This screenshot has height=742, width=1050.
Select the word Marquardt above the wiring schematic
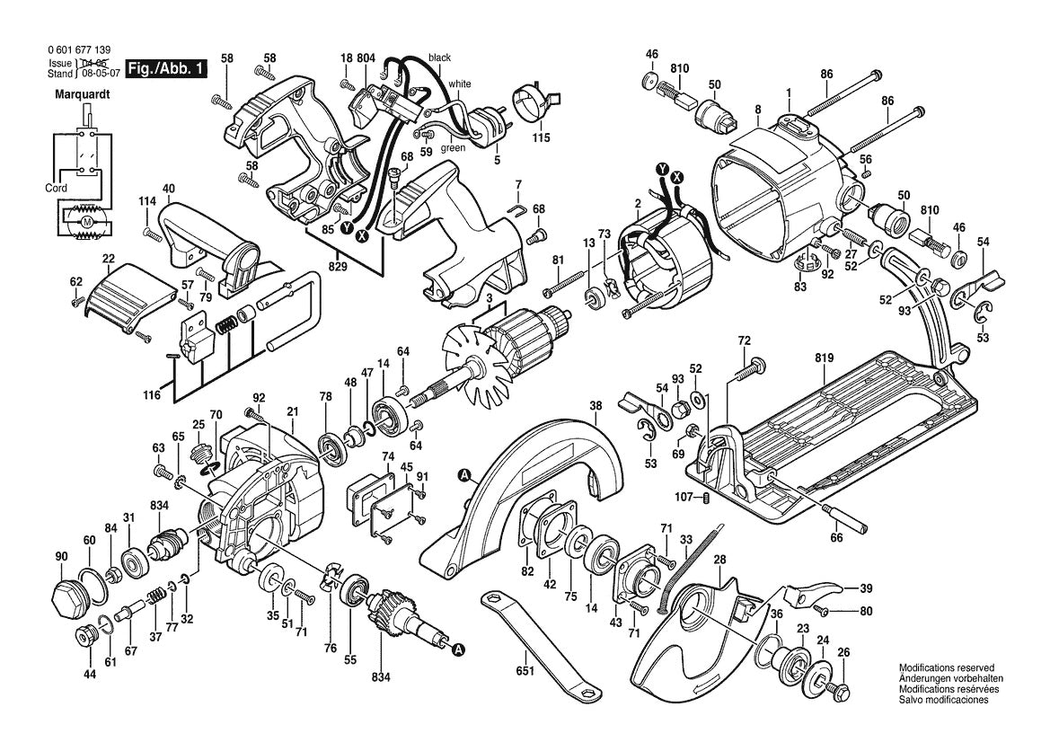click(x=82, y=93)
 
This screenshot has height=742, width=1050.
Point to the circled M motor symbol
click(x=87, y=222)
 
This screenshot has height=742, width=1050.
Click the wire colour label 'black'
click(x=439, y=57)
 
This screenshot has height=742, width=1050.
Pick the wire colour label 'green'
click(x=452, y=148)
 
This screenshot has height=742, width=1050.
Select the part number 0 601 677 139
click(x=82, y=51)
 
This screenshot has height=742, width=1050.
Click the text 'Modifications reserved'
click(x=946, y=668)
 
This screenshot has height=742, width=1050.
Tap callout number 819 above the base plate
click(x=825, y=358)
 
